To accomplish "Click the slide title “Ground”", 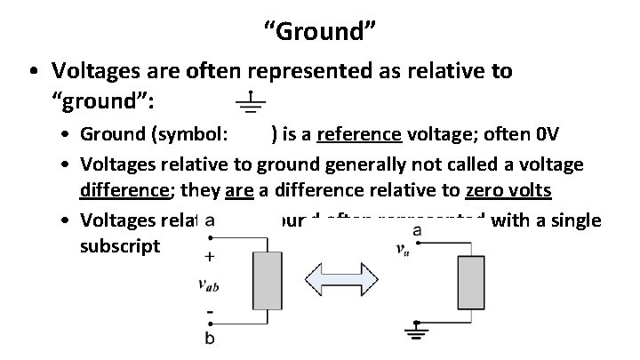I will pyautogui.click(x=320, y=33).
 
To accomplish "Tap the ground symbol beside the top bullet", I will pyautogui.click(x=252, y=102).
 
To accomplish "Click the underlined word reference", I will pyautogui.click(x=359, y=134).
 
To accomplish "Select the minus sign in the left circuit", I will pyautogui.click(x=209, y=314).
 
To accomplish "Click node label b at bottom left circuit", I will pyautogui.click(x=209, y=339).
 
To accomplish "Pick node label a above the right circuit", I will pyautogui.click(x=418, y=230).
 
